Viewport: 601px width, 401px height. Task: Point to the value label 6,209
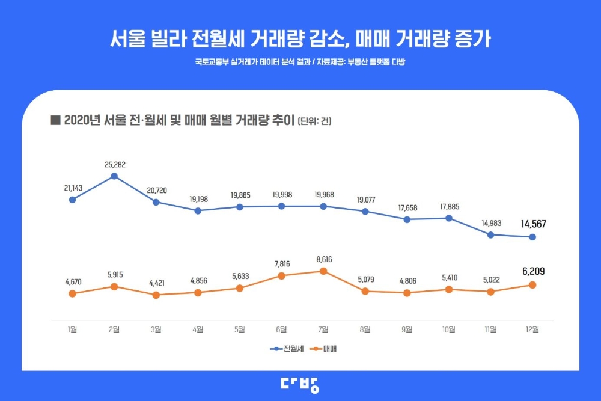click(532, 272)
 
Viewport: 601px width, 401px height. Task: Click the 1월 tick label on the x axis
click(72, 329)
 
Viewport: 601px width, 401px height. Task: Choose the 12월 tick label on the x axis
click(532, 329)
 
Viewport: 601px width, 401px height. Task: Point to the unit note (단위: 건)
click(314, 121)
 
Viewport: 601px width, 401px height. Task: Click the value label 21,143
click(73, 188)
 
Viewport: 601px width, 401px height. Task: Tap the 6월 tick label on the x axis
click(281, 329)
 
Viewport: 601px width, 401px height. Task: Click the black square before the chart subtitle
click(55, 120)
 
